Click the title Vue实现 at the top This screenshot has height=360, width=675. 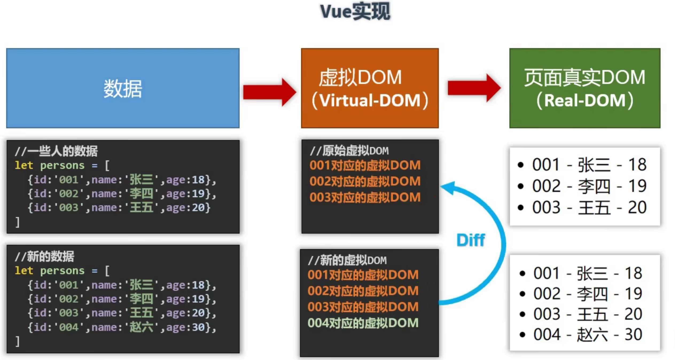point(355,12)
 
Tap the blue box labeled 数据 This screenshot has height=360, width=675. point(123,88)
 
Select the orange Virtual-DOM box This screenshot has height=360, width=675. point(370,88)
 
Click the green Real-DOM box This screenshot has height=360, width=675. point(584,88)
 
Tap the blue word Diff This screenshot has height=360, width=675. point(470,240)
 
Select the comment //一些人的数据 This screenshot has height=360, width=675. point(56,151)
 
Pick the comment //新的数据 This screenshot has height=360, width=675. point(45,257)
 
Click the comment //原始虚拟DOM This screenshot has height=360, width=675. point(349,151)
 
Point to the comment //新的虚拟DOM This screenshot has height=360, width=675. point(347,260)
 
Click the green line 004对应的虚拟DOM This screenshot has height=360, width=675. point(363,323)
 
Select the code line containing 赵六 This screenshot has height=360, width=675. point(122,327)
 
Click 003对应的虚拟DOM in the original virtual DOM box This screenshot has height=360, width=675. point(365,197)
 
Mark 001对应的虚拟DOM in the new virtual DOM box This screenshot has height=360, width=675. point(363,275)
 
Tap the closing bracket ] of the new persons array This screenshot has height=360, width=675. point(17,341)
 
